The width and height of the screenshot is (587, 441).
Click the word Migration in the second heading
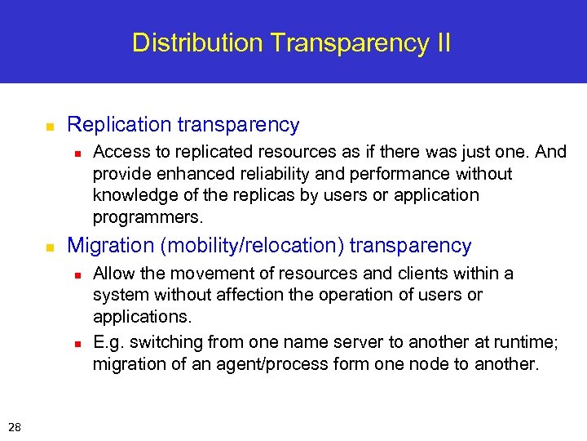pyautogui.click(x=104, y=245)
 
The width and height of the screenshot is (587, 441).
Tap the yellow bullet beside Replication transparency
pyautogui.click(x=49, y=127)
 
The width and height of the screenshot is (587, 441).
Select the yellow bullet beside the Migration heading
pyautogui.click(x=49, y=247)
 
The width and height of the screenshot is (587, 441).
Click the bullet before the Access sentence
pyautogui.click(x=76, y=154)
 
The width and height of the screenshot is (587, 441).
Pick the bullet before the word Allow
pyautogui.click(x=76, y=274)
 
